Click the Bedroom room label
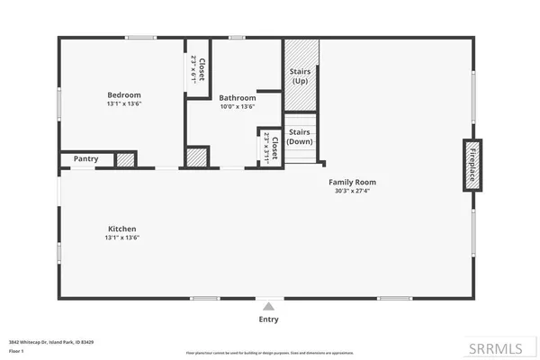click(124, 94)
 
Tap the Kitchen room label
click(123, 229)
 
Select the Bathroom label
click(238, 97)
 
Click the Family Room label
click(351, 182)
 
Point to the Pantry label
click(85, 159)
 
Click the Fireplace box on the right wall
click(469, 164)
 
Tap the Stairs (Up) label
click(301, 76)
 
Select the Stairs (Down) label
click(301, 137)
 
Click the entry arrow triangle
click(268, 307)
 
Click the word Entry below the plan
click(268, 319)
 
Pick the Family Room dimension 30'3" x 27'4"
click(351, 191)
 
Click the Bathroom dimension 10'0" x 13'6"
click(238, 106)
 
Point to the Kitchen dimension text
click(123, 238)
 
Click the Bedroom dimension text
click(124, 103)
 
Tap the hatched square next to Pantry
click(125, 160)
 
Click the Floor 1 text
click(15, 351)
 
